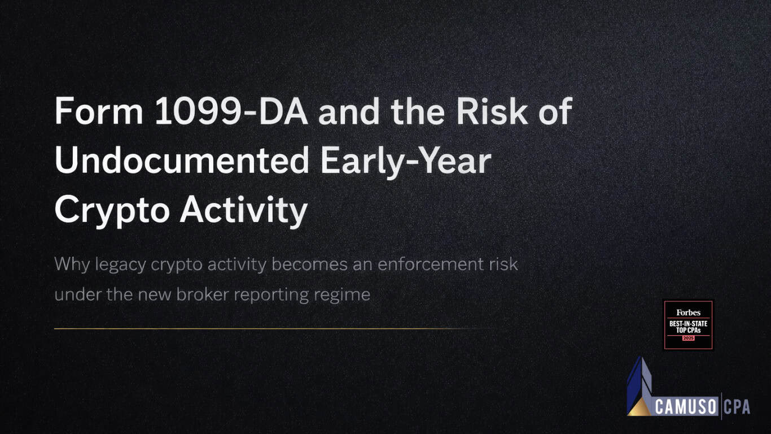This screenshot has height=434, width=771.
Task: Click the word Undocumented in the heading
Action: [x=182, y=161]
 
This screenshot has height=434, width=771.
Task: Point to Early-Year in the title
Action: [x=405, y=161]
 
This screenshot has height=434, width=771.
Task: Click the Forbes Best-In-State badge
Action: [x=688, y=325]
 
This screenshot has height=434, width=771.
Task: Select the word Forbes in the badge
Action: [x=688, y=313]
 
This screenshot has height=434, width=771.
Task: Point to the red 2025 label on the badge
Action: [x=688, y=338]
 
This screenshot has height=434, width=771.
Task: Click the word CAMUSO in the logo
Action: [x=685, y=406]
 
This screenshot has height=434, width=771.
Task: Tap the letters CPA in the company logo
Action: [x=737, y=406]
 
